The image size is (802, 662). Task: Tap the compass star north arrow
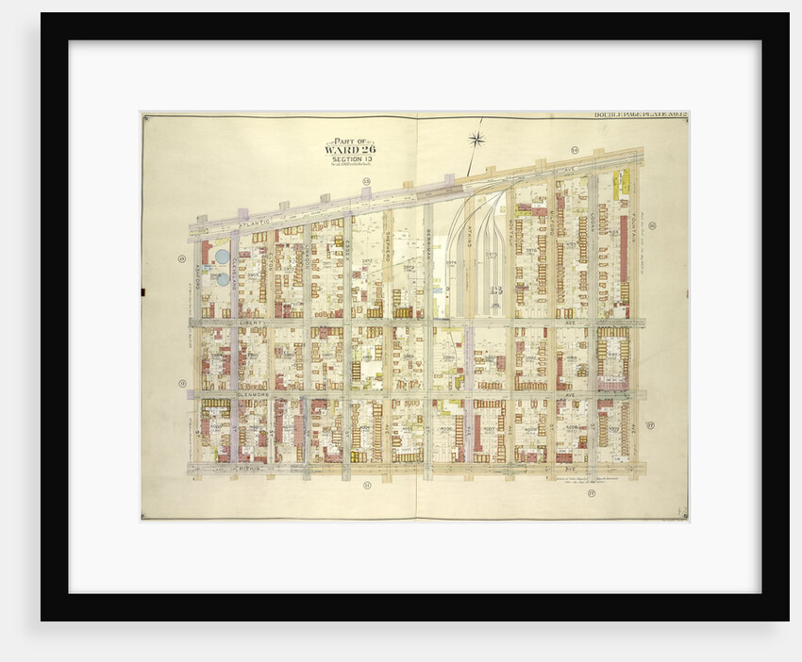476,141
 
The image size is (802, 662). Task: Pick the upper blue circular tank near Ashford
222,256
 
